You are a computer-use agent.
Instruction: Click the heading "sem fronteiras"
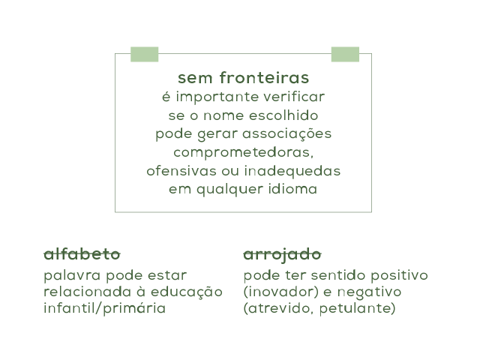tap(244, 78)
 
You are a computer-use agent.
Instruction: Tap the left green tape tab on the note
tap(145, 54)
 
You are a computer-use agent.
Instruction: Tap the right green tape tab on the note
tap(345, 54)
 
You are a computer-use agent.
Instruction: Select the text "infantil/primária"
tap(105, 308)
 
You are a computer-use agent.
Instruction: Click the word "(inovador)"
tap(277, 292)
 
